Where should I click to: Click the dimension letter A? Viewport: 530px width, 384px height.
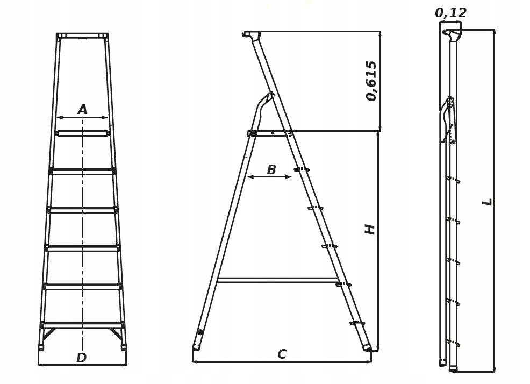[82, 110]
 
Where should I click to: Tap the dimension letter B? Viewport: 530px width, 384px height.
[271, 169]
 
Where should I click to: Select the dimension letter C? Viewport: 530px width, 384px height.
[282, 354]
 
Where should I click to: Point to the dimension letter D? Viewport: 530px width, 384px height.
[82, 358]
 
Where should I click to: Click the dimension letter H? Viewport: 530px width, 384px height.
[370, 230]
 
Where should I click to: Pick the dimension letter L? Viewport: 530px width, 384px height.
[488, 202]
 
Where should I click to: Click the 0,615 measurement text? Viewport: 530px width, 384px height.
[371, 81]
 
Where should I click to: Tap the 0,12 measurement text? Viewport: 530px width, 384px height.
[450, 13]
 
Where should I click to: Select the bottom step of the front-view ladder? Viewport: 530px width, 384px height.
[82, 325]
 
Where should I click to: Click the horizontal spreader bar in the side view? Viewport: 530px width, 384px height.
[277, 280]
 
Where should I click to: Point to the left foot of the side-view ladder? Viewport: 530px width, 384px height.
[196, 347]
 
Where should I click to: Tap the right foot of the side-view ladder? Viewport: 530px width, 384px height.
[367, 347]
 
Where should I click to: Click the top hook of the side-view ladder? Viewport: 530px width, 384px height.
[252, 34]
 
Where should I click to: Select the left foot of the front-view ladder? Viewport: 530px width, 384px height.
[41, 347]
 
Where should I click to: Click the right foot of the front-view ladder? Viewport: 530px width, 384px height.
[124, 347]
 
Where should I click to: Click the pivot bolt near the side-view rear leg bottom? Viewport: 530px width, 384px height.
[200, 332]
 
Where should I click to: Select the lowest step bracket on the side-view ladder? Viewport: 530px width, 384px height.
[357, 323]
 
